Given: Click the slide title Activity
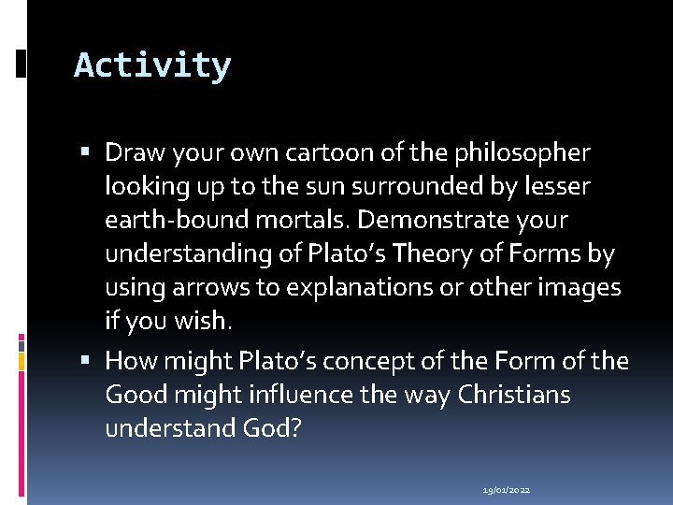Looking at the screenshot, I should tap(152, 66).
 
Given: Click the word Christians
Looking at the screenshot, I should tap(513, 395).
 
